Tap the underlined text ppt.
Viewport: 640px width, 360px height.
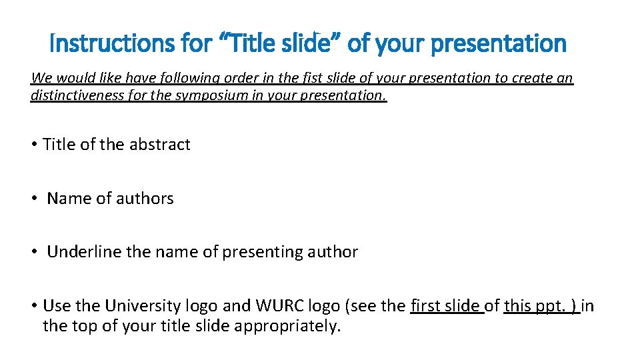tap(546, 306)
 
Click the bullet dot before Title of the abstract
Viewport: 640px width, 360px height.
tap(33, 145)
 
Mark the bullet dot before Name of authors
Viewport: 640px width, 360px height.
tap(33, 199)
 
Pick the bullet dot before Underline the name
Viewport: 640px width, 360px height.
tap(33, 252)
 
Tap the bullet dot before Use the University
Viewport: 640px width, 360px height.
tap(33, 306)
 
